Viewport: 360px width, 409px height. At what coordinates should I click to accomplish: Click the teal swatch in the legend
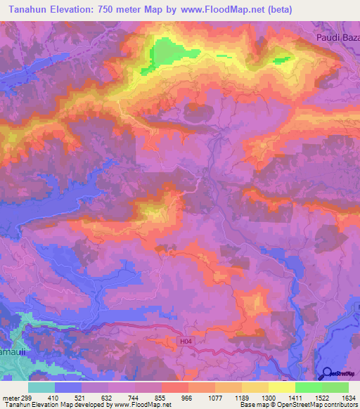pyautogui.click(x=41, y=387)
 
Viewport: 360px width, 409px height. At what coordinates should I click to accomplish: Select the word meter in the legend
pyautogui.click(x=12, y=398)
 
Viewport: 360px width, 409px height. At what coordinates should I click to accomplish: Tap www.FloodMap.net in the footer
pyautogui.click(x=139, y=405)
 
